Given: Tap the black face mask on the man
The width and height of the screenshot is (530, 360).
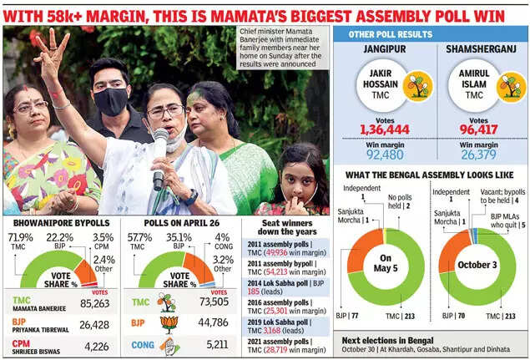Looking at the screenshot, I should (x=110, y=101).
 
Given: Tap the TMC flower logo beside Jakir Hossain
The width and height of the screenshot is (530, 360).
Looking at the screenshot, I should (x=416, y=86).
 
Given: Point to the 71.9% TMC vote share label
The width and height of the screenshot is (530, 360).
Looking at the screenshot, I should (x=19, y=237).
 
